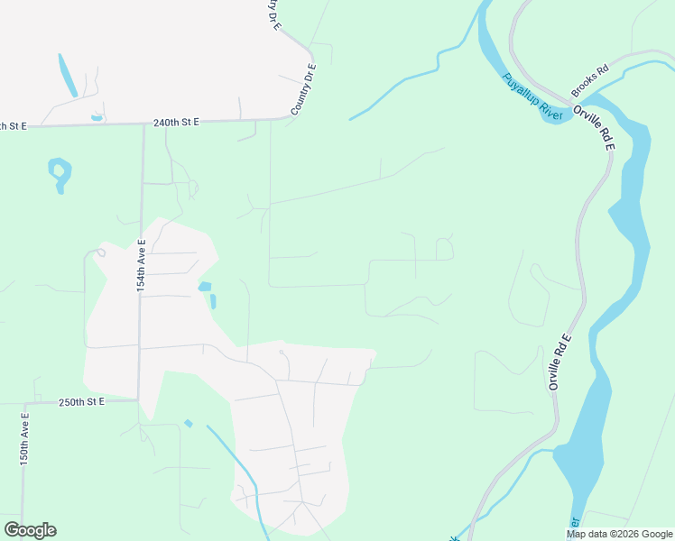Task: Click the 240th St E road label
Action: coord(175,122)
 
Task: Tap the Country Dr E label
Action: coord(304,89)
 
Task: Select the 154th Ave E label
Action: coord(141,264)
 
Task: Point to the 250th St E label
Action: coord(82,401)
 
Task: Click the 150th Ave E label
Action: coord(25,439)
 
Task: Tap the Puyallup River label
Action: coord(533,96)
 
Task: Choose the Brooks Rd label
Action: coord(590,80)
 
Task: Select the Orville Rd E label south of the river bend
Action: coord(560,362)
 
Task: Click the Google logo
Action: coord(30,530)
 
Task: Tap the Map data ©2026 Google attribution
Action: coord(618,534)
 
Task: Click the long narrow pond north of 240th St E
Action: coord(68,76)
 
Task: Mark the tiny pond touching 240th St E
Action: coord(97,117)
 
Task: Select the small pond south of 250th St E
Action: coord(188,423)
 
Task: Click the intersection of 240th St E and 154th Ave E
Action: coord(143,124)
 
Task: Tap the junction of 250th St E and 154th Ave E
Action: coord(138,400)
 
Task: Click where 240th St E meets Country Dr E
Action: coord(283,118)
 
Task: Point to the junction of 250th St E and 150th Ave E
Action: coord(24,402)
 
